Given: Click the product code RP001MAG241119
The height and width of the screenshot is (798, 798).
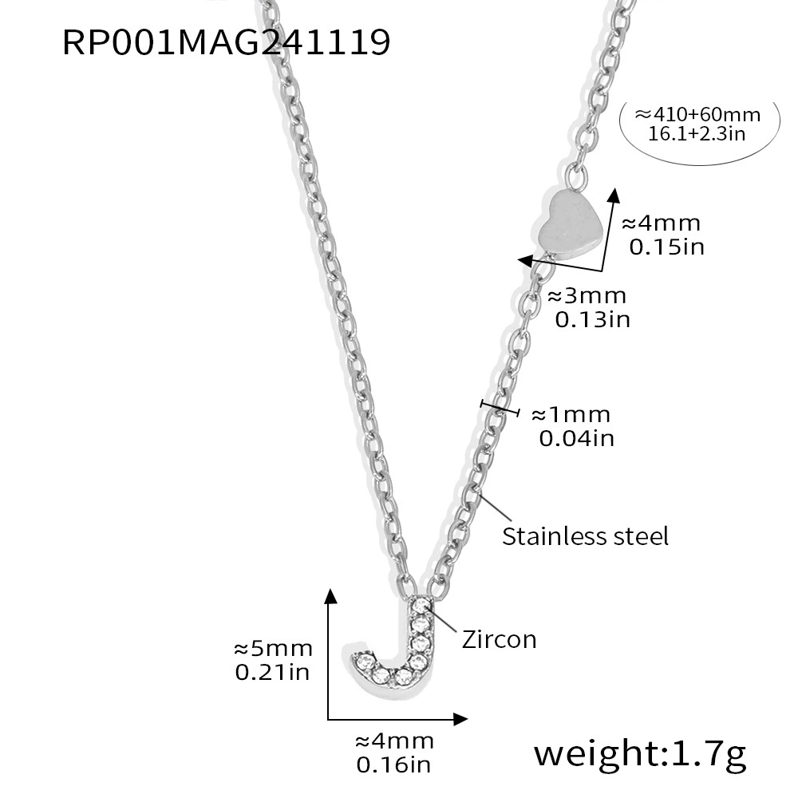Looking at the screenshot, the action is (x=227, y=42).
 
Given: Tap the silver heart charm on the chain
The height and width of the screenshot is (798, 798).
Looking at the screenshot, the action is (x=568, y=224).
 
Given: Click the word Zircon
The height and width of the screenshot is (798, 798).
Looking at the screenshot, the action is (x=499, y=640).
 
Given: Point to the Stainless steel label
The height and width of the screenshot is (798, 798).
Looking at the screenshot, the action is (x=585, y=536).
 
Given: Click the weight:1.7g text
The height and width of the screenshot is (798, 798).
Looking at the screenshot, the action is (x=640, y=754).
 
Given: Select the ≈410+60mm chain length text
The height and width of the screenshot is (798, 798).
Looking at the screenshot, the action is (x=697, y=114).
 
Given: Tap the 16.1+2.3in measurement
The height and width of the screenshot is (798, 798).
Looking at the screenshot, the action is (x=697, y=134).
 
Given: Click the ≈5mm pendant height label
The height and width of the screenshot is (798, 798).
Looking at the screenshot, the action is (x=273, y=649).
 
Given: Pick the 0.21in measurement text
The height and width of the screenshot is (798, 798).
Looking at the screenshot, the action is (x=272, y=672).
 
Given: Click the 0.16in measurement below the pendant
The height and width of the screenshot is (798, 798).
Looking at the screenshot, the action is (x=393, y=765).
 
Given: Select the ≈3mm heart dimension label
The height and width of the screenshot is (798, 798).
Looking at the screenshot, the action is (x=587, y=296).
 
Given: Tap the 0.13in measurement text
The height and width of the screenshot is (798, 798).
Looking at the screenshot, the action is (x=592, y=320).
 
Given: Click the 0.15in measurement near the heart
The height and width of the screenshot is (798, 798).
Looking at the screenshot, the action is (x=666, y=247).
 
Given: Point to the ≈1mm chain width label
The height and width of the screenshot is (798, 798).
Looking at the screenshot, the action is (x=571, y=415).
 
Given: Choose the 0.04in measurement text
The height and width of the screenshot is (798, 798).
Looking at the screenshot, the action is (x=577, y=438).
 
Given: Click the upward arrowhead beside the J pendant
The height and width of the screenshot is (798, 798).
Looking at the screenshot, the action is (x=331, y=596).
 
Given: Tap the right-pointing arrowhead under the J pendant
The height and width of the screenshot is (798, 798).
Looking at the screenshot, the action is (x=460, y=719).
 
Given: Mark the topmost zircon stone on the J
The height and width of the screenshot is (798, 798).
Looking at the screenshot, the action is (x=421, y=606).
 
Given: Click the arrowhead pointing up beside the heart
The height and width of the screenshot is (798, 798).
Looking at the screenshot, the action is (x=614, y=196).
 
